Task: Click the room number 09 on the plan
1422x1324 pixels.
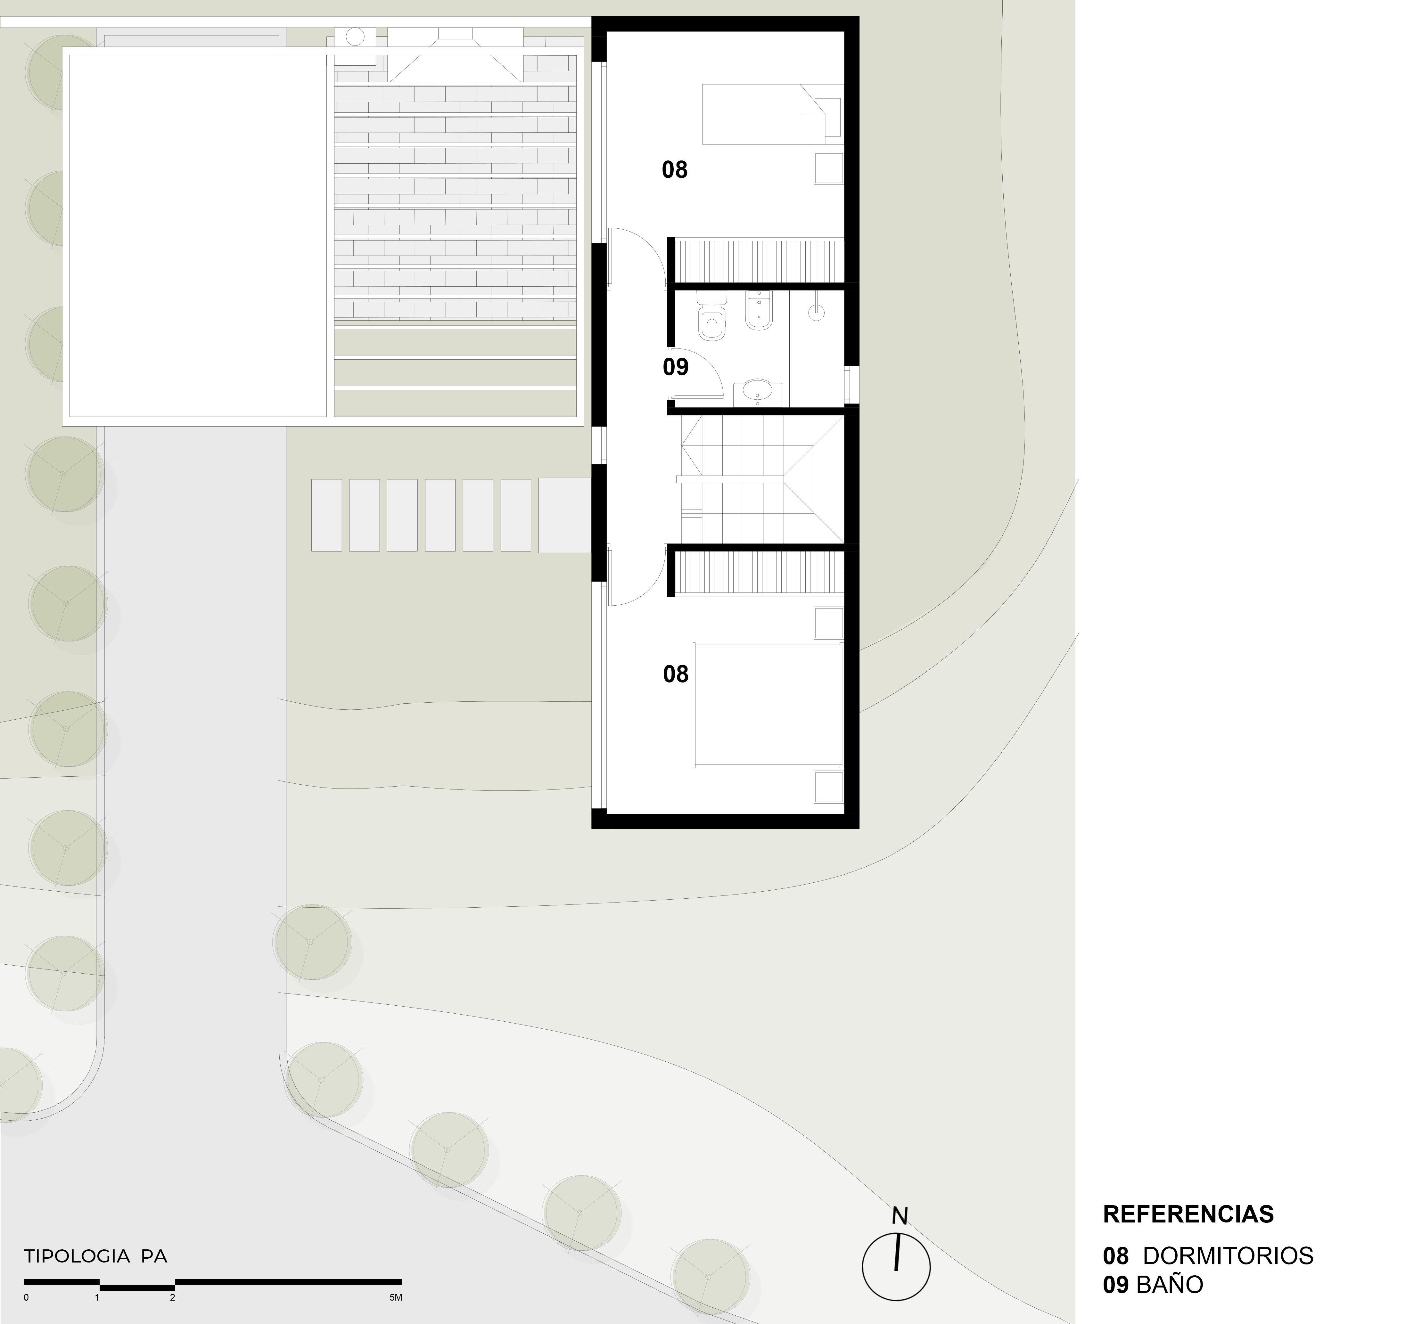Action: [675, 367]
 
